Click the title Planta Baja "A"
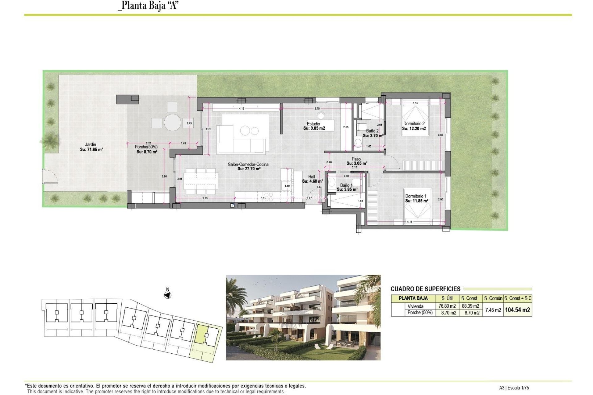pyautogui.click(x=149, y=6)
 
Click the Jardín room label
pyautogui.click(x=90, y=144)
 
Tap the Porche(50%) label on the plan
pyautogui.click(x=146, y=147)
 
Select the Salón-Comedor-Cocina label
pyautogui.click(x=248, y=164)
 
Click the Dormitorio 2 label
pyautogui.click(x=414, y=123)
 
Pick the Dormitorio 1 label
pyautogui.click(x=416, y=196)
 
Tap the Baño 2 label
pyautogui.click(x=372, y=131)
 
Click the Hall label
pyautogui.click(x=312, y=177)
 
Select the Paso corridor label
pyautogui.click(x=356, y=159)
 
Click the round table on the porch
pyautogui.click(x=172, y=123)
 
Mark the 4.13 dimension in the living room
pyautogui.click(x=242, y=109)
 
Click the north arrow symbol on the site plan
pyautogui.click(x=167, y=295)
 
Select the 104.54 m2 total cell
pyautogui.click(x=517, y=310)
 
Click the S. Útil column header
pyautogui.click(x=447, y=298)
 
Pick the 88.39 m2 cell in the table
pyautogui.click(x=470, y=306)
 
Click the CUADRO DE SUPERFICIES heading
pyautogui.click(x=425, y=289)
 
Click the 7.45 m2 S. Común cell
pyautogui.click(x=493, y=310)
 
